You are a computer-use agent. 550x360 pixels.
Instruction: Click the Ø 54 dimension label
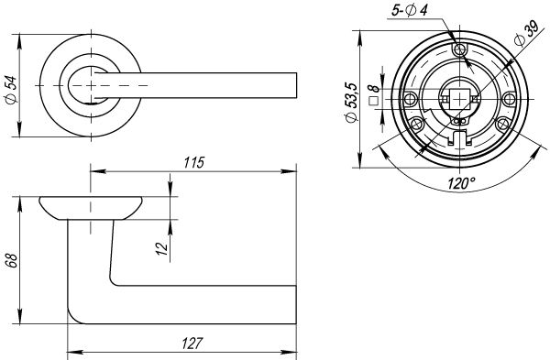tap(11, 90)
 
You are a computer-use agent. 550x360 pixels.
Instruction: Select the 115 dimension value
tap(194, 163)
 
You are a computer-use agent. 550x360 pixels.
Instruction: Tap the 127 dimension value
tap(192, 344)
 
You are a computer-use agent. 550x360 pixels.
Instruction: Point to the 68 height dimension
tap(12, 260)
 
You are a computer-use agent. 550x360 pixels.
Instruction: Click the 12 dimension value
tap(162, 248)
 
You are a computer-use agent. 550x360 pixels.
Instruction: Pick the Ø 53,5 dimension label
tap(351, 103)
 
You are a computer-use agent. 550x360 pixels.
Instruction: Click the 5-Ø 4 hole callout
tap(409, 10)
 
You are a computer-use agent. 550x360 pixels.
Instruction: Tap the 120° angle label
tap(461, 183)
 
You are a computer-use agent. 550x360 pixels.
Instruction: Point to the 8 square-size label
tap(374, 89)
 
